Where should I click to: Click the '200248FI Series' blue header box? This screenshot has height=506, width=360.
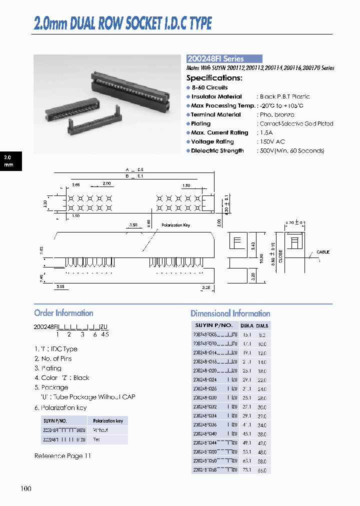224,58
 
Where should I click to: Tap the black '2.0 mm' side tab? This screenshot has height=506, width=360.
11,160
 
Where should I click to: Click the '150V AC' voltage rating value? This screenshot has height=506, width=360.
272,142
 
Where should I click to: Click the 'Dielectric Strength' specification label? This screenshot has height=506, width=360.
217,151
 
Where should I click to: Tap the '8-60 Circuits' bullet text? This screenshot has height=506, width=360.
209,87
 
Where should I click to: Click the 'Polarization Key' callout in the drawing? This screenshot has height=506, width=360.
175,225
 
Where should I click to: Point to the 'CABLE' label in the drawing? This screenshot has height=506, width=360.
323,252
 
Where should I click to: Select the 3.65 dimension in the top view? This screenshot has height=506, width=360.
75,185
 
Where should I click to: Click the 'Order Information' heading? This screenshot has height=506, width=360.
63,313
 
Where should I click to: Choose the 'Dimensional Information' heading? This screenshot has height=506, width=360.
230,313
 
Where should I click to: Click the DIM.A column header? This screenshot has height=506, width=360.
246,326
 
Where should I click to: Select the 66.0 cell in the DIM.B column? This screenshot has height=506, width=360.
262,470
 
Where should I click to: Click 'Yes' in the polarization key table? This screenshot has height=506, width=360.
97,439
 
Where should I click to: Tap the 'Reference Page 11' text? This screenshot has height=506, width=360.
62,456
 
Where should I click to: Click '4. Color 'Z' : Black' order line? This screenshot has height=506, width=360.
62,378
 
